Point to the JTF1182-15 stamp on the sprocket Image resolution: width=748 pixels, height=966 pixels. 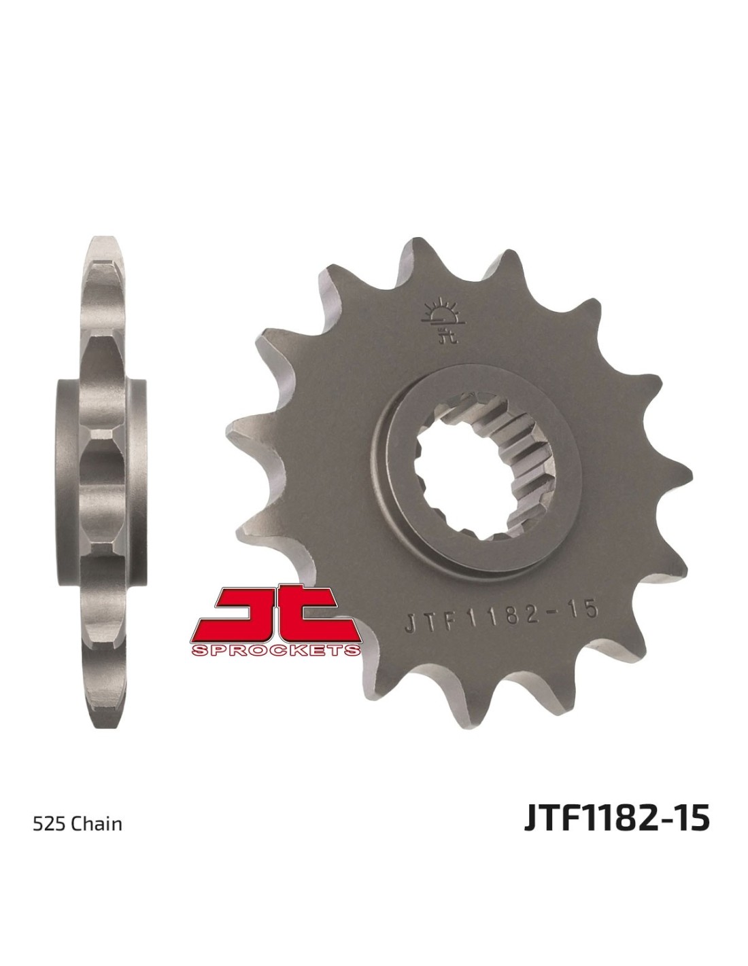pos(501,612)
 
